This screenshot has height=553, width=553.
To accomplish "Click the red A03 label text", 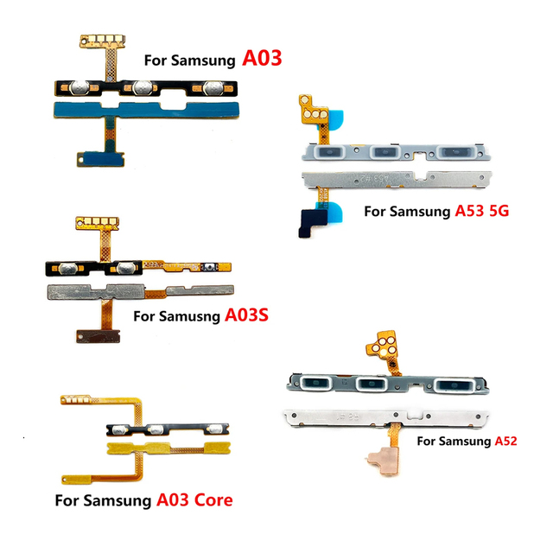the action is pyautogui.click(x=262, y=58).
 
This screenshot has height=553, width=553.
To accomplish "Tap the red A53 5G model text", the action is pyautogui.click(x=482, y=211).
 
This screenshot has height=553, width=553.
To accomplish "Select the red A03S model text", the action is pyautogui.click(x=246, y=315).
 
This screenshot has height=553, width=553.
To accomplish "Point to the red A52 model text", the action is pyautogui.click(x=505, y=441).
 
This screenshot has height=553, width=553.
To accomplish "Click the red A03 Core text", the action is pyautogui.click(x=194, y=499).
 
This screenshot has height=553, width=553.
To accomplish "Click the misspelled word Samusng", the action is pyautogui.click(x=189, y=316).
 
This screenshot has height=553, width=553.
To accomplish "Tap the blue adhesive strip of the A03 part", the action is pyautogui.click(x=146, y=110).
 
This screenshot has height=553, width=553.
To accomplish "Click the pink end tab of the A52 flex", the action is pyautogui.click(x=383, y=461).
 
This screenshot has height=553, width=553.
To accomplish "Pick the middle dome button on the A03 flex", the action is pyautogui.click(x=142, y=88).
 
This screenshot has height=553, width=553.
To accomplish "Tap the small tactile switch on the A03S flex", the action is pyautogui.click(x=210, y=267).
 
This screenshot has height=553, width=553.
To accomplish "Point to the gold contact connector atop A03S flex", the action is pyautogui.click(x=98, y=223).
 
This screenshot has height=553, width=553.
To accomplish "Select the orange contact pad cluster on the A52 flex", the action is pyautogui.click(x=383, y=344).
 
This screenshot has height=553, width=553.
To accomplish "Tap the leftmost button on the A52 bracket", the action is pyautogui.click(x=315, y=384).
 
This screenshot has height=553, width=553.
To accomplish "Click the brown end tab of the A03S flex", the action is pyautogui.click(x=98, y=336).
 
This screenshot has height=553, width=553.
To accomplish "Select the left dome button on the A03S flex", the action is pyautogui.click(x=67, y=269).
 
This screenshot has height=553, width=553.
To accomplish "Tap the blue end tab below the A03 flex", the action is pyautogui.click(x=100, y=159).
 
